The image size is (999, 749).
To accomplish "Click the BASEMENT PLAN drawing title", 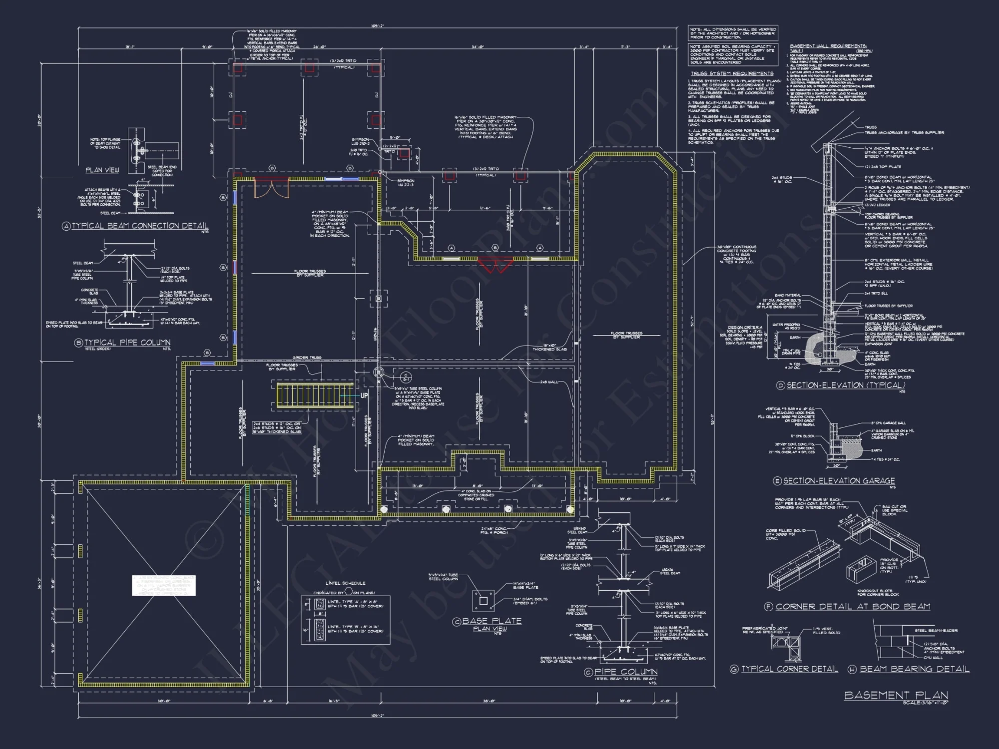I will [896, 695].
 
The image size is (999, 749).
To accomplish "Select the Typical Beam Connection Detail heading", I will [140, 226].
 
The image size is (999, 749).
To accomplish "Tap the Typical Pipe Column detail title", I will [127, 343].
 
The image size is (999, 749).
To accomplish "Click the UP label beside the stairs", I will [364, 395].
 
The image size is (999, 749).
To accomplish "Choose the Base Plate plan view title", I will [492, 621].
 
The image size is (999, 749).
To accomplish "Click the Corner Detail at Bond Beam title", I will [853, 606].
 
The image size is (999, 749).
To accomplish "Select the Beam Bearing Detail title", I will [914, 669].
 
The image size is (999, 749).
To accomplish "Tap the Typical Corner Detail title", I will [789, 669].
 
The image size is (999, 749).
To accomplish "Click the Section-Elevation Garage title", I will [839, 480].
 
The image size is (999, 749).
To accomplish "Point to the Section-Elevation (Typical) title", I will [846, 385].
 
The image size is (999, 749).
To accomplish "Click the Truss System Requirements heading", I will [732, 73].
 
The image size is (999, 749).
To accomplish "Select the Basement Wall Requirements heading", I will [828, 46].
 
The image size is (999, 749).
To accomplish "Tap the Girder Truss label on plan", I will [308, 358].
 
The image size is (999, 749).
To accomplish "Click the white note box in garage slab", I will [164, 585].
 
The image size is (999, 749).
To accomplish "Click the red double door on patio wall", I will [495, 265].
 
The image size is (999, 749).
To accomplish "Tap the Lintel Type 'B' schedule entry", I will [355, 629].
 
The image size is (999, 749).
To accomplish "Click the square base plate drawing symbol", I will [483, 601].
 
